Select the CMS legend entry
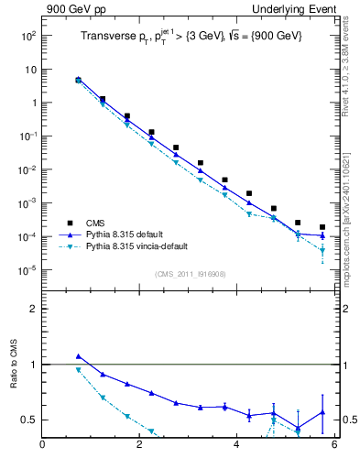coord(95,223)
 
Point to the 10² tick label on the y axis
coord(27,36)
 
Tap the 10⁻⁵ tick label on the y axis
coord(27,270)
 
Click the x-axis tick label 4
coord(237,445)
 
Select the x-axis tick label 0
coord(42,445)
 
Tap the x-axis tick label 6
coord(334,445)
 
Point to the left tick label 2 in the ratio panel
coord(34,309)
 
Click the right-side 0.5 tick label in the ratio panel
coord(349,420)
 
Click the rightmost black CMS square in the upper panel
coord(322,227)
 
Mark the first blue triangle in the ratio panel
coord(78,356)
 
